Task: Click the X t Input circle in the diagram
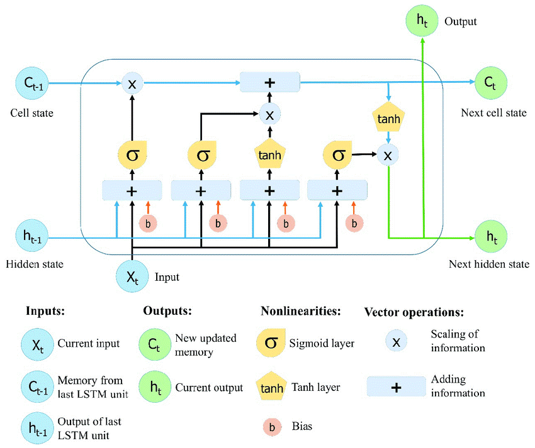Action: point(132,276)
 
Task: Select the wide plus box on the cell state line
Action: point(270,82)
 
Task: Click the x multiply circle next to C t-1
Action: point(132,84)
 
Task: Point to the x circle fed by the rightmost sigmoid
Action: point(388,155)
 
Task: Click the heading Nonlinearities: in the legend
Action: point(301,311)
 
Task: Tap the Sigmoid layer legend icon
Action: point(271,343)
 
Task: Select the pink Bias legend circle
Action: point(271,427)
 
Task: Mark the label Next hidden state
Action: point(488,263)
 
